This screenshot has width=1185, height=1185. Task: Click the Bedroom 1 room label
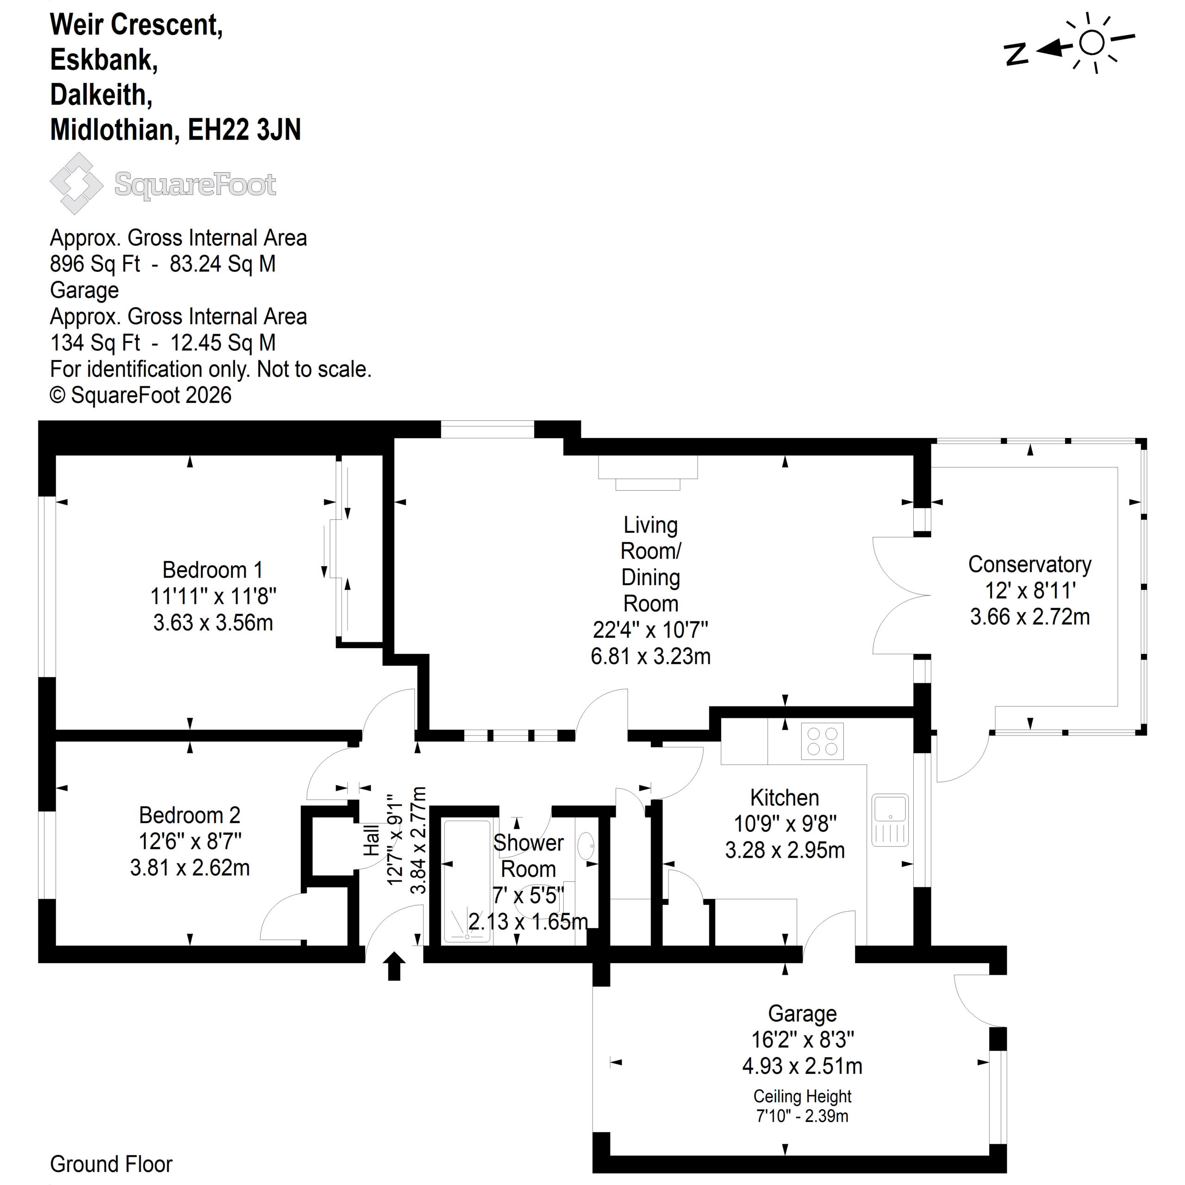click(x=213, y=570)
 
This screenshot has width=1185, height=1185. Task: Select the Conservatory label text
click(x=1030, y=564)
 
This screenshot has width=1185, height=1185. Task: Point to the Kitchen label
click(x=785, y=798)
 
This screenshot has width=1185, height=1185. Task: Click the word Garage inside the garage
click(x=802, y=1014)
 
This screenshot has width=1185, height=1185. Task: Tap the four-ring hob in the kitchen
click(x=822, y=742)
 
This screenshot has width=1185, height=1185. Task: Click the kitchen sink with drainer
click(x=891, y=819)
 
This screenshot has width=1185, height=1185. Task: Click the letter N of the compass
click(x=1017, y=54)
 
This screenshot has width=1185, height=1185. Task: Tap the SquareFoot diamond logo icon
click(x=77, y=183)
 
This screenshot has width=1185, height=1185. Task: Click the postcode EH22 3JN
click(x=244, y=130)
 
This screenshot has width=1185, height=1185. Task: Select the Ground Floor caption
click(x=111, y=1164)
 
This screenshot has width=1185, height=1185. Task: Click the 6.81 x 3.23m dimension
click(x=650, y=656)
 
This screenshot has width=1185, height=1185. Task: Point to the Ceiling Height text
click(x=802, y=1096)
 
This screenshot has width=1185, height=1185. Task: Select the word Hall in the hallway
click(x=372, y=840)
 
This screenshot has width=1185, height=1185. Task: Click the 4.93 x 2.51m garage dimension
click(x=802, y=1066)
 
